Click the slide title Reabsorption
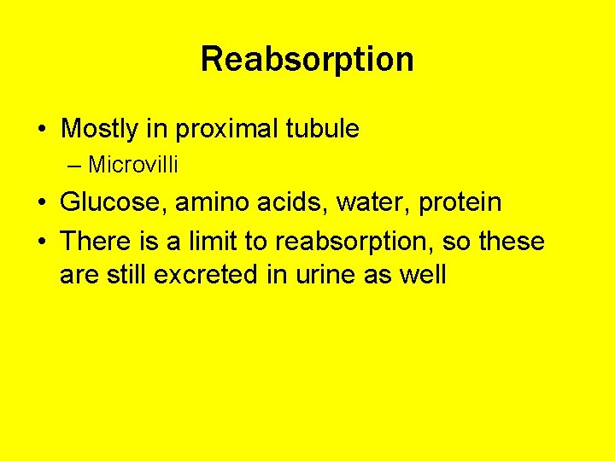pyautogui.click(x=307, y=60)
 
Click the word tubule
pyautogui.click(x=324, y=130)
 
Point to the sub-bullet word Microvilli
pyautogui.click(x=132, y=164)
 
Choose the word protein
pyautogui.click(x=460, y=203)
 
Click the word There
pyautogui.click(x=95, y=242)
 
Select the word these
pyautogui.click(x=512, y=242)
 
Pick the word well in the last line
pyautogui.click(x=424, y=275)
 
